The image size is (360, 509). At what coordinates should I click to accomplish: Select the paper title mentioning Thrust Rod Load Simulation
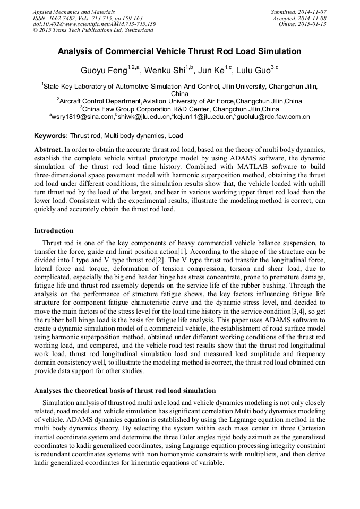coord(179,51)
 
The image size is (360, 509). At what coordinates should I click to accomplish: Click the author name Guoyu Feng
coord(104,70)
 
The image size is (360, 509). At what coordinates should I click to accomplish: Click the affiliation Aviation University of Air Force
coord(188,101)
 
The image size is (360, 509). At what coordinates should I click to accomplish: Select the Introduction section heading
coord(54,231)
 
